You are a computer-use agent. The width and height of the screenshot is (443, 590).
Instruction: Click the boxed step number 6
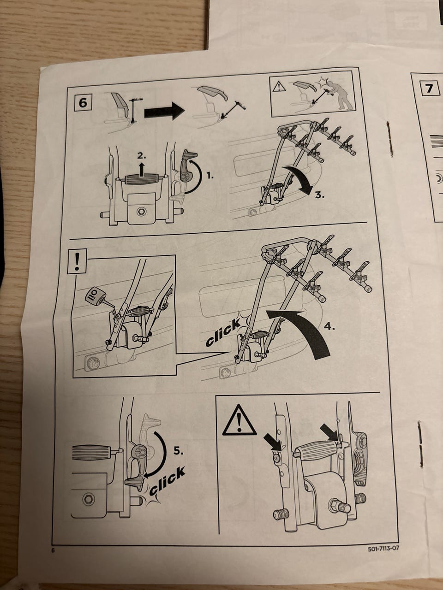[83, 102]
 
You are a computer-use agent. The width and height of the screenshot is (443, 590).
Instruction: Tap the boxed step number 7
[429, 88]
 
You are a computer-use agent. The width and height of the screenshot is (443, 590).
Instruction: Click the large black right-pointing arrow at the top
[164, 111]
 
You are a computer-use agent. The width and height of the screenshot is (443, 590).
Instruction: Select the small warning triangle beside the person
[279, 87]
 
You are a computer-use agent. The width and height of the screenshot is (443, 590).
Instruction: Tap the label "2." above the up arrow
[142, 156]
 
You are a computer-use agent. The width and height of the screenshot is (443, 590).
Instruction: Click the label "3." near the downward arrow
[320, 195]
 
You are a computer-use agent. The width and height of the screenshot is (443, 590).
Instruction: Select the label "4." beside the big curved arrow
[329, 327]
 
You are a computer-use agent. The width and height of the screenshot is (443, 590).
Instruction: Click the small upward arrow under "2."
[142, 169]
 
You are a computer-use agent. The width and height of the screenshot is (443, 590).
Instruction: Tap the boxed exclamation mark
[77, 261]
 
